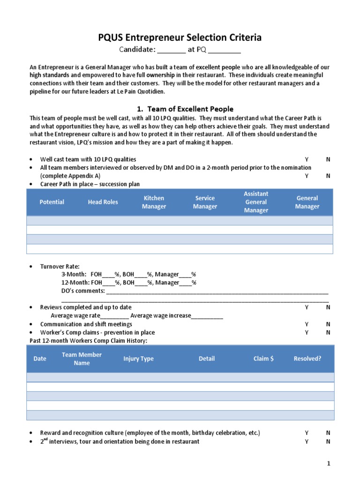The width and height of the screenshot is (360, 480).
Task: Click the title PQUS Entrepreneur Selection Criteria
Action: (x=180, y=37)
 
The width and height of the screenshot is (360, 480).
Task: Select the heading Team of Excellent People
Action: (x=190, y=109)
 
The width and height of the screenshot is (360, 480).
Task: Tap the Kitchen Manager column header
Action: (x=154, y=202)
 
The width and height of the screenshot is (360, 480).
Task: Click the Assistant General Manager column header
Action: (x=256, y=202)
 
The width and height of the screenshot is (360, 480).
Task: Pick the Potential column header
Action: (x=52, y=202)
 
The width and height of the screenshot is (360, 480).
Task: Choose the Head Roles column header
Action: (x=103, y=202)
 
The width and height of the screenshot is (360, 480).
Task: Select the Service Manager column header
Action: (x=205, y=202)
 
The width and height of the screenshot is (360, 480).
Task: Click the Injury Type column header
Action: (x=138, y=359)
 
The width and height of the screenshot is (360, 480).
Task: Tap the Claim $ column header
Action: (x=263, y=359)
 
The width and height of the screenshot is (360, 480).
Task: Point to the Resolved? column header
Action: (x=307, y=359)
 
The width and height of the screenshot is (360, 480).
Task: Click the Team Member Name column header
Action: (x=82, y=359)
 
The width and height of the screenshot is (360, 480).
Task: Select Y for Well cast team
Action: (x=307, y=159)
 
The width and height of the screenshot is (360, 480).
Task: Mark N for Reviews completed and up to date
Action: (x=328, y=307)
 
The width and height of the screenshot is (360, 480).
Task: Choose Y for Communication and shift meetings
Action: (x=307, y=324)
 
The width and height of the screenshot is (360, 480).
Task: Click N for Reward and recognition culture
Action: (x=328, y=433)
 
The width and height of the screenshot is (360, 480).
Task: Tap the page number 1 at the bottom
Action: (x=329, y=464)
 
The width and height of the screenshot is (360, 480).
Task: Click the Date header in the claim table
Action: (x=40, y=359)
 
